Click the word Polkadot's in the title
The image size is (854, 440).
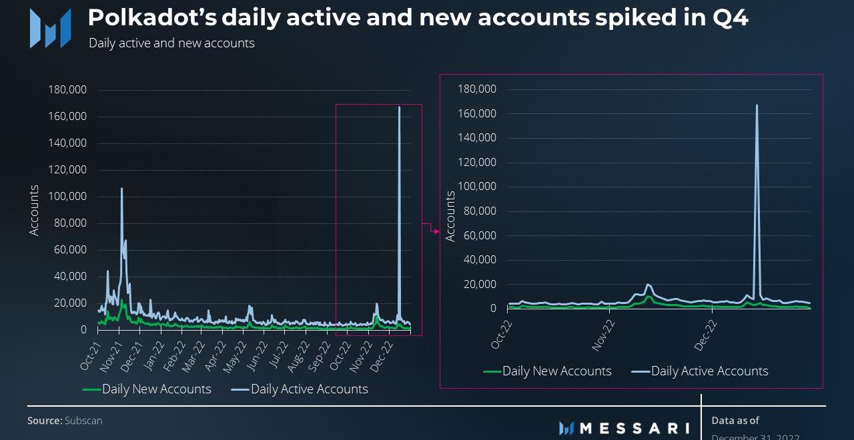pyautogui.click(x=152, y=18)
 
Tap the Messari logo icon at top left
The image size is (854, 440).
pyautogui.click(x=50, y=28)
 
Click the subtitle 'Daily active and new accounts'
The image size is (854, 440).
pyautogui.click(x=171, y=43)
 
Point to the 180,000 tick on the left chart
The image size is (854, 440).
pyautogui.click(x=67, y=90)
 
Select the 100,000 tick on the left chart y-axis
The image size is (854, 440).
pyautogui.click(x=67, y=197)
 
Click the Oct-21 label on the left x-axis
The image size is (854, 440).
pyautogui.click(x=91, y=355)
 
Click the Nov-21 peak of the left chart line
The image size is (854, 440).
pyautogui.click(x=121, y=189)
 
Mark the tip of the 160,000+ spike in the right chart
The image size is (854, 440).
pyautogui.click(x=757, y=105)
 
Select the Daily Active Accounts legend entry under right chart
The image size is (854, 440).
pyautogui.click(x=709, y=371)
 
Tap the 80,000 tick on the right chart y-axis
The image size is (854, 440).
pyautogui.click(x=479, y=211)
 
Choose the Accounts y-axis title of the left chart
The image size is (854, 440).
pyautogui.click(x=34, y=210)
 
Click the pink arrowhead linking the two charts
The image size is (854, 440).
pyautogui.click(x=437, y=231)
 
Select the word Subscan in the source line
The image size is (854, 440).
pyautogui.click(x=83, y=421)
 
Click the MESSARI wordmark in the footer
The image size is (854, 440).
pyautogui.click(x=634, y=428)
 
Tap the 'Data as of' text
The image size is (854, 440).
pyautogui.click(x=735, y=421)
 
